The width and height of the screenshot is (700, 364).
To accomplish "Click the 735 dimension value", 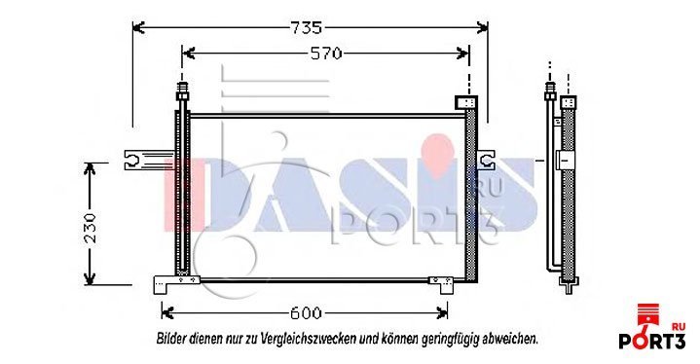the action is (x=307, y=27).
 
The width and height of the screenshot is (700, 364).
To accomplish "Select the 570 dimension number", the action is (x=326, y=54).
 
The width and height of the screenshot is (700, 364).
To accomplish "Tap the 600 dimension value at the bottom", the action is (x=306, y=313).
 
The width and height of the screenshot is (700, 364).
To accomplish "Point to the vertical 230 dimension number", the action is (x=91, y=228).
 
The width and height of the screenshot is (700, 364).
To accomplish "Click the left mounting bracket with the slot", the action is (x=149, y=161).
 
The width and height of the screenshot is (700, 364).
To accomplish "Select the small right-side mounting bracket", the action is (x=486, y=161).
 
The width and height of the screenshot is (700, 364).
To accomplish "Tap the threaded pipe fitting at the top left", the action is (x=182, y=91).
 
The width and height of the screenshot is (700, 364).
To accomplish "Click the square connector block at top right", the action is (x=466, y=102).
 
